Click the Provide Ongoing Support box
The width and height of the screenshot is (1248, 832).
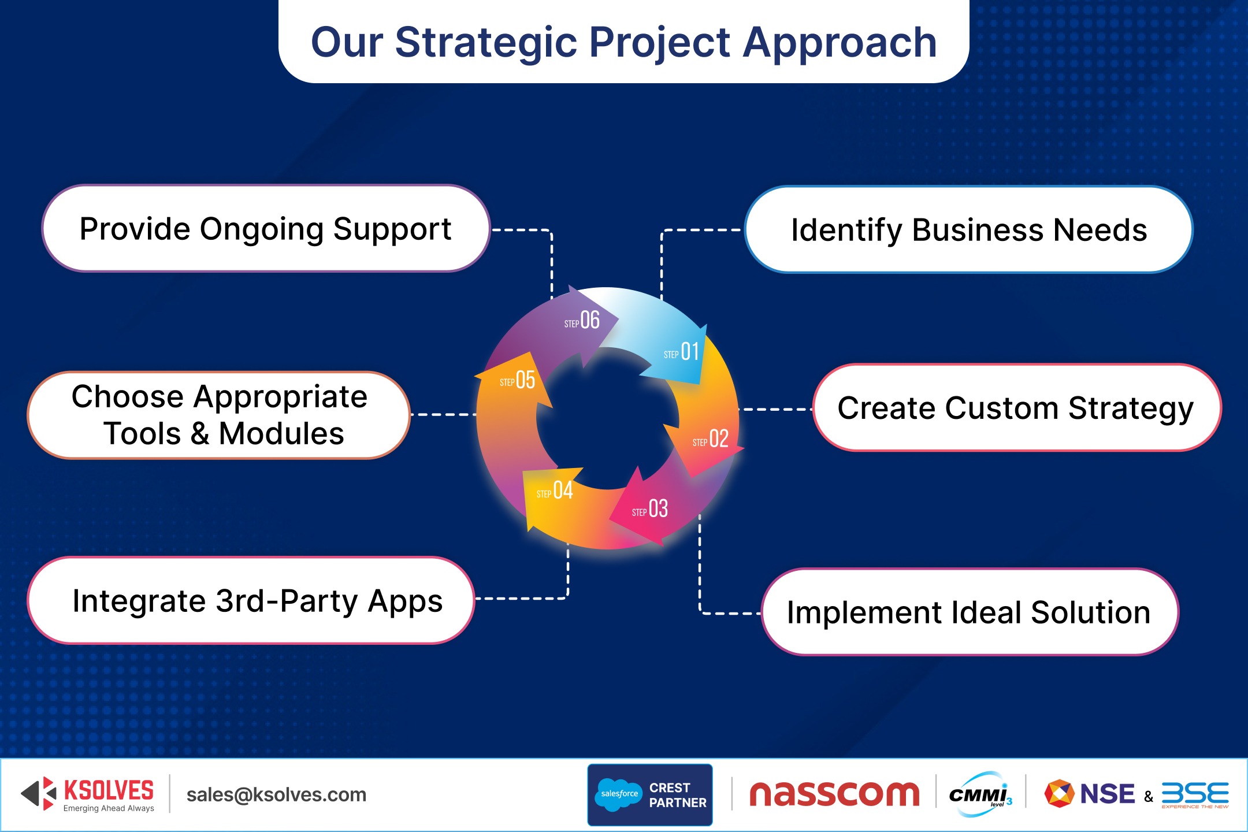coord(266,229)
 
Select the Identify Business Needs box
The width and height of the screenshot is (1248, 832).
coord(968,230)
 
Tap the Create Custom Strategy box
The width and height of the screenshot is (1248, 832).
coord(1016,408)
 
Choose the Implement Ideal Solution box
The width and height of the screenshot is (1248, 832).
coord(968,612)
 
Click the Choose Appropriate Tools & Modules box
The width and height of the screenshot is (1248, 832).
coord(218,415)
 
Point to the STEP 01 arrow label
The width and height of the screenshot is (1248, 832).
coord(682,352)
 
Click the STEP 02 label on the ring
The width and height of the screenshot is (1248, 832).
coord(711,439)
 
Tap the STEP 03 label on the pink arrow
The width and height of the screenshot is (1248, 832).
coord(650,510)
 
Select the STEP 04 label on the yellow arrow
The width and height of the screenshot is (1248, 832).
coord(555,491)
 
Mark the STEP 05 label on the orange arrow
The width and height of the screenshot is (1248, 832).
coord(518,380)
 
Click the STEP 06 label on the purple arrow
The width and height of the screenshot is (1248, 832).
coord(582,321)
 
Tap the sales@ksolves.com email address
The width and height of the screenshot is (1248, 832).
coord(276,795)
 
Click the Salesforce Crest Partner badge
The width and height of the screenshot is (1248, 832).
coord(650,795)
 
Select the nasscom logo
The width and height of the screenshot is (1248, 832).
coord(834,794)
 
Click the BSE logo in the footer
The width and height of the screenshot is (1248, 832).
coord(1195,794)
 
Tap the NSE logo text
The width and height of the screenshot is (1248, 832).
coord(1106,794)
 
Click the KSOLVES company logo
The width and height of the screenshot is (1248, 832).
coord(88,794)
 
